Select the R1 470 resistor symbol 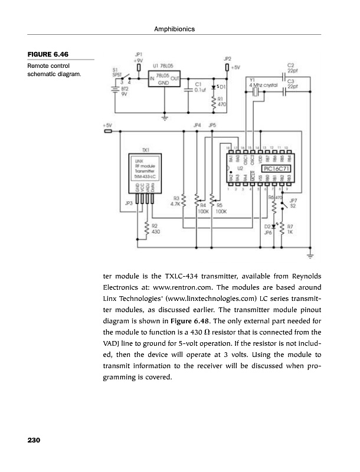[214, 101]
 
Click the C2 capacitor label [291, 67]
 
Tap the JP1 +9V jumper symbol [138, 67]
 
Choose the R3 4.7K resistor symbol [184, 202]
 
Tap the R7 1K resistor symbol [282, 229]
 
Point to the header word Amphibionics [178, 29]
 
